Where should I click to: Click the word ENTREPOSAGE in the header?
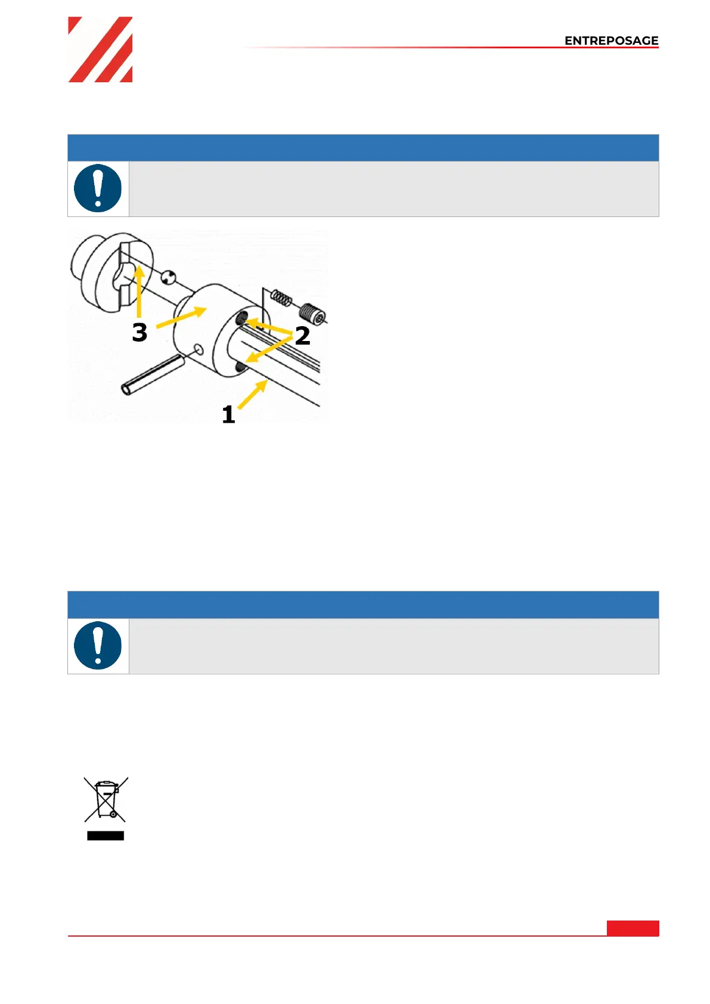click(x=611, y=41)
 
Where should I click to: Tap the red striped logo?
click(x=100, y=49)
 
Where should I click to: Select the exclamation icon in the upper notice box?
click(x=98, y=188)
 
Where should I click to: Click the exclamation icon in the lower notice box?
click(x=98, y=646)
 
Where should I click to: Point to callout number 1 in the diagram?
click(x=228, y=414)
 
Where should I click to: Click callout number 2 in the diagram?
click(x=302, y=336)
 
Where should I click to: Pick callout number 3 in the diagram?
click(x=139, y=333)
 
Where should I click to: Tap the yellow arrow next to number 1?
click(x=253, y=395)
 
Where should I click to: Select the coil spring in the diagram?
click(x=281, y=298)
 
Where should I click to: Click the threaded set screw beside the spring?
click(x=312, y=314)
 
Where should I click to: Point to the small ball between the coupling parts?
click(x=169, y=277)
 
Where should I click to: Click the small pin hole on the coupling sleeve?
click(x=199, y=349)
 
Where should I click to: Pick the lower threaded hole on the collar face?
click(x=240, y=368)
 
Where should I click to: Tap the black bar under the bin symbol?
click(x=106, y=836)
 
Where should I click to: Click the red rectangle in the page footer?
click(x=633, y=928)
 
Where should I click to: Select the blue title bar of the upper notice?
click(x=363, y=148)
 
